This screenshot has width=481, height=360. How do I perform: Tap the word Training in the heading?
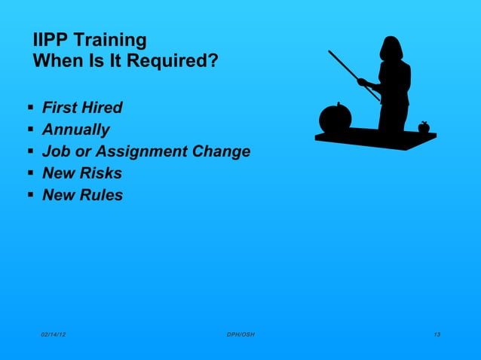pos(111,40)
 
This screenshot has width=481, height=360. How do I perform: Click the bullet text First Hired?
pos(82,108)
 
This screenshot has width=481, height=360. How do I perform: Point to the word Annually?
pos(75,130)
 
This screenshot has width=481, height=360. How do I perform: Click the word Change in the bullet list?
pos(222,151)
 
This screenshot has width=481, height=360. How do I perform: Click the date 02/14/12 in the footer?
pos(53,334)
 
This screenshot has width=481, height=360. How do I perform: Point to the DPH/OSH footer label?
pos(240,334)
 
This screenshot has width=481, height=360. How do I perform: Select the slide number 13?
pos(437,334)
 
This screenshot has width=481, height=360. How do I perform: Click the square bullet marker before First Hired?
pos(29,107)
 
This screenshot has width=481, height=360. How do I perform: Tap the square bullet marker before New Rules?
pos(29,194)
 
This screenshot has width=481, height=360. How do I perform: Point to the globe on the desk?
pos(335,118)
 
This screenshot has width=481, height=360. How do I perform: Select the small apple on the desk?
pos(424,127)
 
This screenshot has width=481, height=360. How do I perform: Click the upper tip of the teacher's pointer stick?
pos(330,52)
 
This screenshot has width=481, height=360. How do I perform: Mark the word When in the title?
pos(56,60)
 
